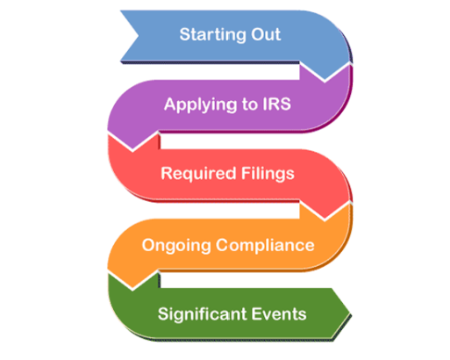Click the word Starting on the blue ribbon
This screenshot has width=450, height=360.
click(x=209, y=35)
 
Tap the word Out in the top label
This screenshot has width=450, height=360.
click(x=261, y=34)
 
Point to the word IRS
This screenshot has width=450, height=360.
click(x=276, y=104)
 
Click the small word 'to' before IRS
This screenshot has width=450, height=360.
click(x=250, y=104)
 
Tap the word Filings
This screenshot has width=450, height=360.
click(x=268, y=174)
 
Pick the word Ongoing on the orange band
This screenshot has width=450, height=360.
click(x=176, y=245)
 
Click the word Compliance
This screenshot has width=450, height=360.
click(x=265, y=245)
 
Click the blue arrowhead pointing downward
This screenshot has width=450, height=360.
click(x=325, y=72)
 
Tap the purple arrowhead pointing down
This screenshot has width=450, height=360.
click(x=132, y=141)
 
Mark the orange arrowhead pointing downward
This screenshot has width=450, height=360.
click(x=132, y=280)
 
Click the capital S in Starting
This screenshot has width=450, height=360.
click(x=185, y=34)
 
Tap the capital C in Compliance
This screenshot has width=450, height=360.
click(x=222, y=245)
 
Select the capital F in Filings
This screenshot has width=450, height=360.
click(x=246, y=173)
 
